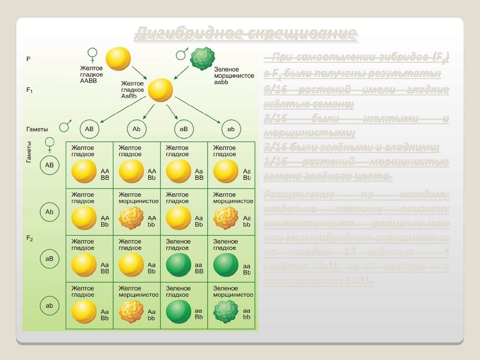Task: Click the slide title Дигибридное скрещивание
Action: click(x=246, y=34)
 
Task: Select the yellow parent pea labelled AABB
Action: click(x=118, y=59)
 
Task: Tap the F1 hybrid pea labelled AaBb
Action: click(x=160, y=90)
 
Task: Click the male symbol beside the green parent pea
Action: click(x=181, y=54)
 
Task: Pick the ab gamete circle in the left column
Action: click(x=49, y=306)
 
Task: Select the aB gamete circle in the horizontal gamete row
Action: click(x=184, y=128)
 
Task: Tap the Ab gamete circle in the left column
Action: click(x=49, y=212)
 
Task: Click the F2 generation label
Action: click(x=29, y=238)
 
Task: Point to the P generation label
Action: click(x=28, y=59)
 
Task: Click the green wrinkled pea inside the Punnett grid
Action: click(x=225, y=312)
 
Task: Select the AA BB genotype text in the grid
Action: click(x=105, y=175)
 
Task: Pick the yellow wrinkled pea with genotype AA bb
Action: click(x=131, y=218)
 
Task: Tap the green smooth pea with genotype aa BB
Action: click(x=179, y=265)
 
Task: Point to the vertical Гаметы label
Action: click(x=29, y=152)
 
